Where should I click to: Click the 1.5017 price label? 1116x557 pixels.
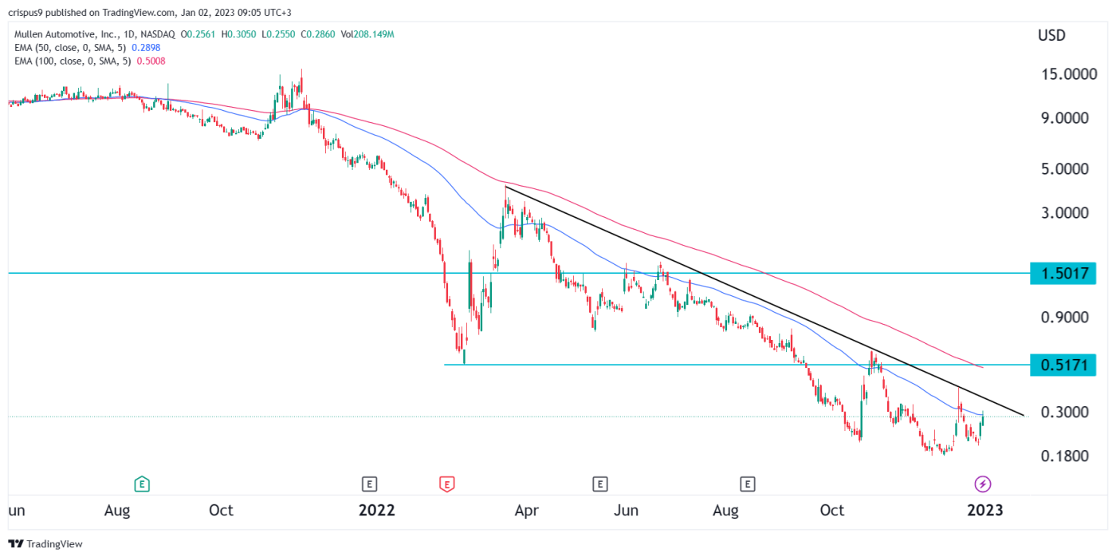point(1063,275)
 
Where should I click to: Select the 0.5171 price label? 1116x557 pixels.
point(1063,365)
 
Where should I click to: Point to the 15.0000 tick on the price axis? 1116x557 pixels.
point(1063,74)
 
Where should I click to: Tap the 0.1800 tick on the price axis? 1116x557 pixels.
point(1063,456)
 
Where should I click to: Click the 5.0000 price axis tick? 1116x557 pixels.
point(1063,170)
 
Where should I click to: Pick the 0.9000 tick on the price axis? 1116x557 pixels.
point(1063,318)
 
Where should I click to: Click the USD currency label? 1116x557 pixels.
point(1051,36)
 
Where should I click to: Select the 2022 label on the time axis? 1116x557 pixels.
point(377,510)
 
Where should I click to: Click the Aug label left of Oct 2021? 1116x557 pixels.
point(118,510)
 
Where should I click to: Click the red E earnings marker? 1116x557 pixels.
point(446,483)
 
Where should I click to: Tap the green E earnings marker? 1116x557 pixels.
point(142,483)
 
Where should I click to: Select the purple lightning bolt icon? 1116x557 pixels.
point(983,483)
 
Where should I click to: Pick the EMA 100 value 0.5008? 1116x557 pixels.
point(151,61)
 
